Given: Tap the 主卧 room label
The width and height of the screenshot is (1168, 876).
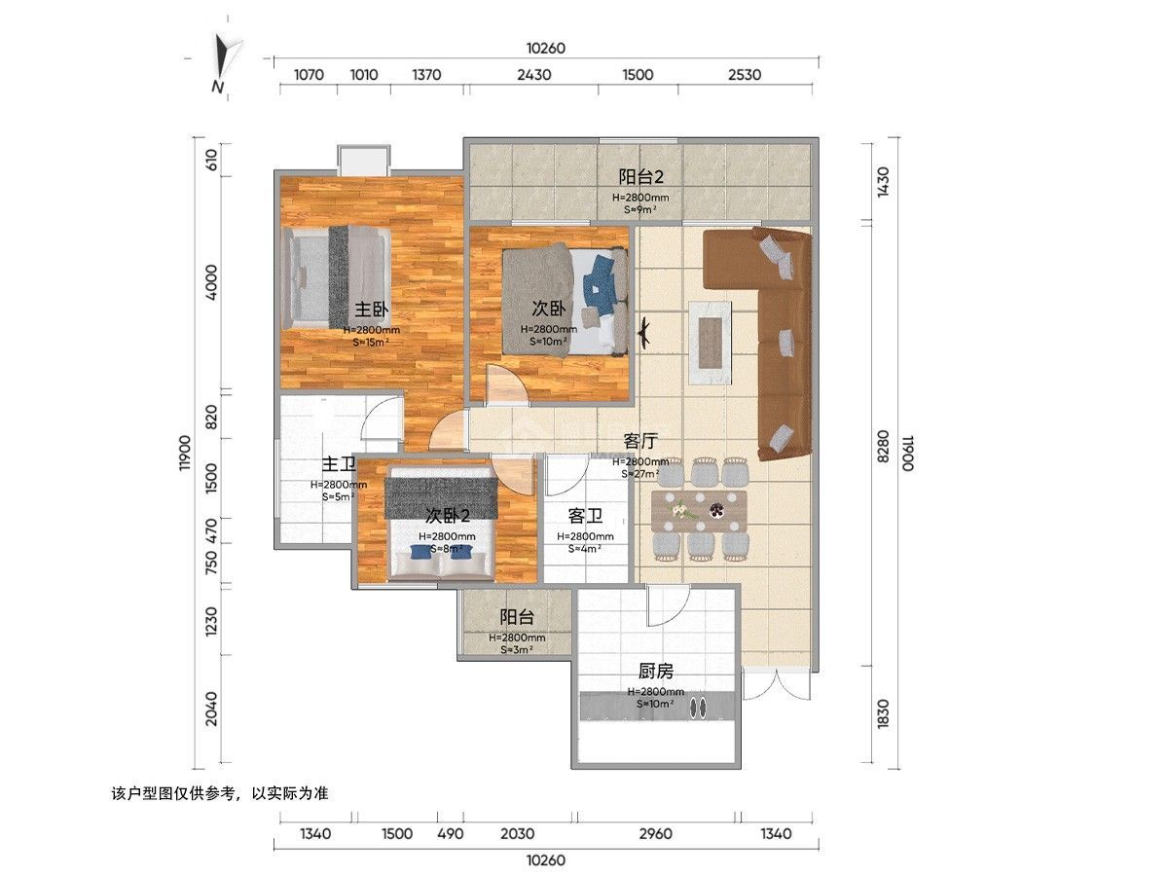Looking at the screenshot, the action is tap(372, 309).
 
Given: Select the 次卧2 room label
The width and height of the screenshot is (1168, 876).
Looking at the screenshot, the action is tap(448, 515).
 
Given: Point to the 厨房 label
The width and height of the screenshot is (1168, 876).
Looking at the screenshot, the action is tap(656, 672).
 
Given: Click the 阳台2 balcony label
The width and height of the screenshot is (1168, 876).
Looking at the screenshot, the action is tap(640, 176).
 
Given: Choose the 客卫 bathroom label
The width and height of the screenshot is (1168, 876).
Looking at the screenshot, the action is tap(585, 516).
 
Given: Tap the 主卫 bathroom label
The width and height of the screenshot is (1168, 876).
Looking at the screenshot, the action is tap(339, 464).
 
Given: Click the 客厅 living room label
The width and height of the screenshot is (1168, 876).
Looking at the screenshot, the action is tap(640, 441).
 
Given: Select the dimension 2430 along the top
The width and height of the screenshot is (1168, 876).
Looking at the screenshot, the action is tap(533, 75).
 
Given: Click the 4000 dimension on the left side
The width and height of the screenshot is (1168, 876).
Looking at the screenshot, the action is tap(211, 282).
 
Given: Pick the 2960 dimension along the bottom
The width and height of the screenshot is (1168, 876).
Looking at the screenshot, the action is tap(656, 833).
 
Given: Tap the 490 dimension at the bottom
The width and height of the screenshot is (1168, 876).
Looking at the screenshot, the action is tap(451, 833).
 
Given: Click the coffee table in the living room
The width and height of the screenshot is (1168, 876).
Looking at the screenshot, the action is tap(710, 342).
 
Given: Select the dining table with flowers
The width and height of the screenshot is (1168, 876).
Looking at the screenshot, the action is tap(699, 512).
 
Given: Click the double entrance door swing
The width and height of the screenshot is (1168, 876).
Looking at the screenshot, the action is tap(777, 685).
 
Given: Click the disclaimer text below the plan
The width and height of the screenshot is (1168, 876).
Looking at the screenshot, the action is tap(220, 793).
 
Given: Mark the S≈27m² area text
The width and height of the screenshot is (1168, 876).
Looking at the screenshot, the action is tap(640, 473).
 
